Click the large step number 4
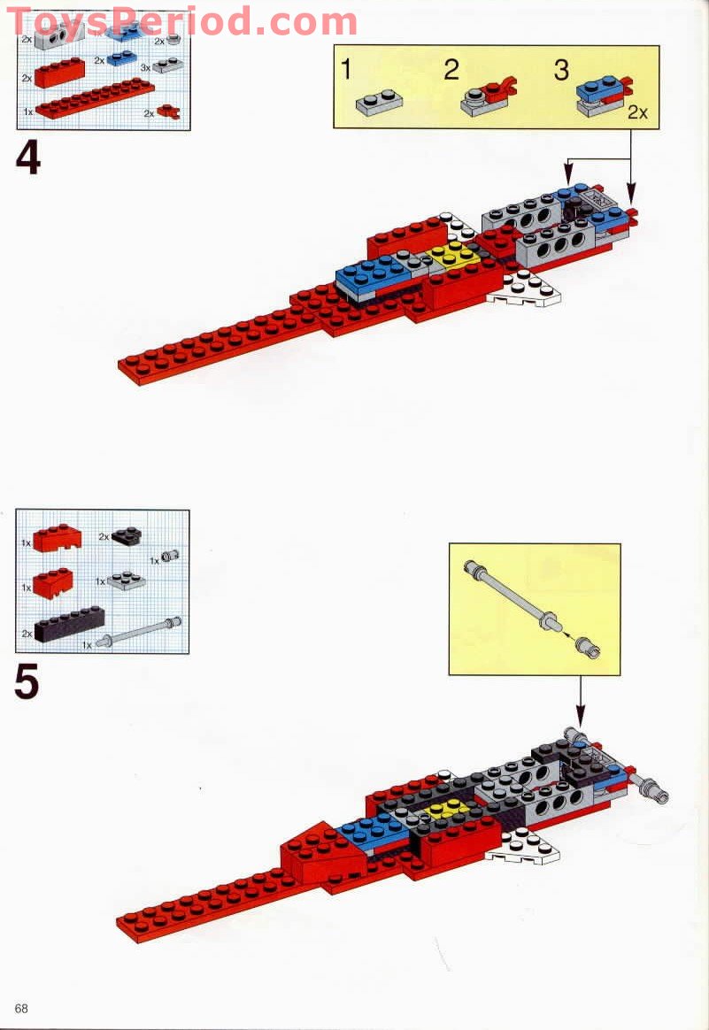(28, 158)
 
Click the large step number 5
(27, 682)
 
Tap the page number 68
(21, 1009)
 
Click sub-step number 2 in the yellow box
(451, 71)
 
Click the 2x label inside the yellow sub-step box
(637, 113)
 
